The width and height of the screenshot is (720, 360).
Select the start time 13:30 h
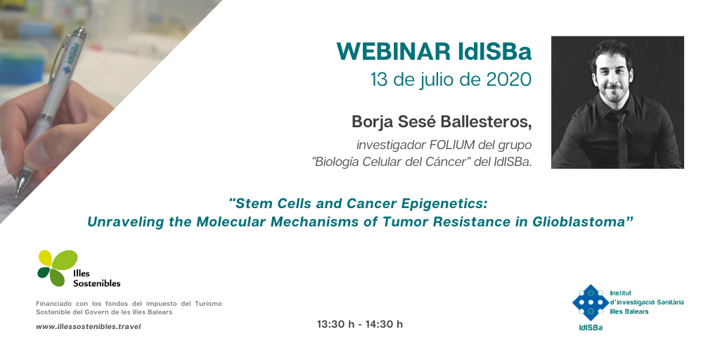[335, 324]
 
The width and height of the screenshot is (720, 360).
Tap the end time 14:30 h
[384, 324]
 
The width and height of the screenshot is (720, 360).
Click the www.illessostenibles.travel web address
[88, 327]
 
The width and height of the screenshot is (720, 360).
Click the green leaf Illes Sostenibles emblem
[58, 268]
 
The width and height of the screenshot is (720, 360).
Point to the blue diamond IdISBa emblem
[591, 302]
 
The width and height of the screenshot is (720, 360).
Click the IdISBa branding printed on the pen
[72, 58]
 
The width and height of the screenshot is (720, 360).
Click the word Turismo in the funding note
[208, 304]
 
